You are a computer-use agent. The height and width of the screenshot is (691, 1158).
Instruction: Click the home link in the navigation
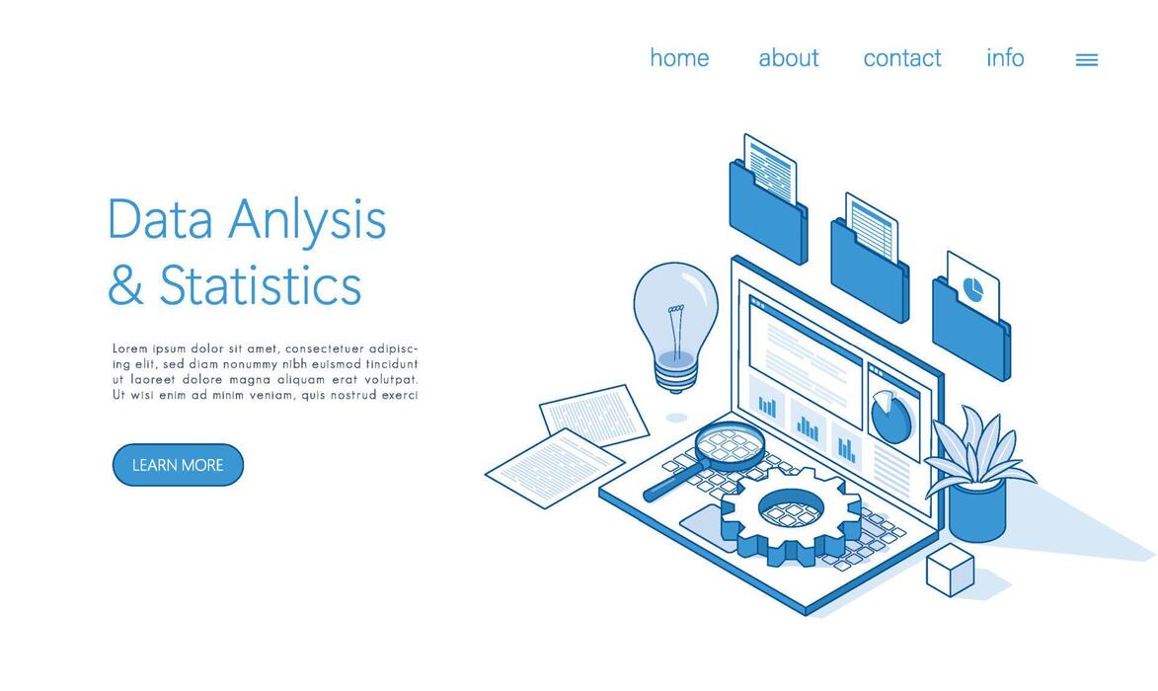[x=679, y=58]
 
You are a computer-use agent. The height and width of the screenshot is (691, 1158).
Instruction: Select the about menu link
[x=788, y=58]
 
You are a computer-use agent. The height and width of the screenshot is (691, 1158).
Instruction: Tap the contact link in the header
[x=901, y=58]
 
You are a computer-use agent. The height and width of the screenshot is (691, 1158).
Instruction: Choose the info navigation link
[x=1005, y=58]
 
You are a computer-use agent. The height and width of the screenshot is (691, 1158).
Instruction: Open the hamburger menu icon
[x=1086, y=60]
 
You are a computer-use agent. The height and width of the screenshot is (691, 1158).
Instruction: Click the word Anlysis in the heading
[x=307, y=220]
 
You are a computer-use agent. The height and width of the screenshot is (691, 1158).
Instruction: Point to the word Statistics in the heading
[x=261, y=286]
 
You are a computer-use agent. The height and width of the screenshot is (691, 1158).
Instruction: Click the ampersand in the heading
[x=125, y=286]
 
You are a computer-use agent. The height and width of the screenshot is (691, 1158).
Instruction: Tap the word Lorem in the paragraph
[x=129, y=348]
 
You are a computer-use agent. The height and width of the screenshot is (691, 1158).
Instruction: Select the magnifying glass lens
[x=730, y=445]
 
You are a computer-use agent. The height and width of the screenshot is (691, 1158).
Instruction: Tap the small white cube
[x=950, y=573]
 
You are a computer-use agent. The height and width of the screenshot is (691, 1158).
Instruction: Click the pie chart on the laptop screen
[x=891, y=417]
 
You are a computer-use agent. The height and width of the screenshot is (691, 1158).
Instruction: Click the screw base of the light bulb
[x=676, y=377]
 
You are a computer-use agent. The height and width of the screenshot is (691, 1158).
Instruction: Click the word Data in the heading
[x=160, y=220]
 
